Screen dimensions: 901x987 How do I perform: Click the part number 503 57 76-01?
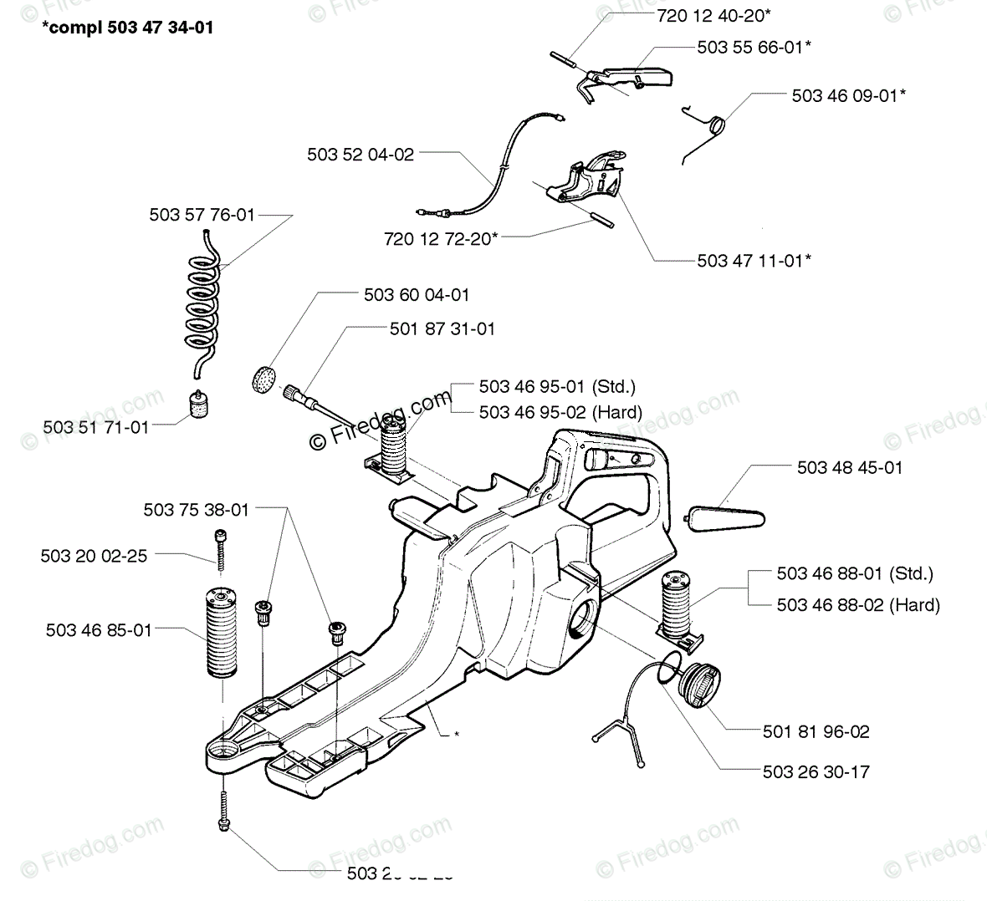[x=202, y=215]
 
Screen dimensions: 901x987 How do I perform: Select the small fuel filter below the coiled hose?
[x=200, y=408]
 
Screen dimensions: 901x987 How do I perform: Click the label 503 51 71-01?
[x=95, y=427]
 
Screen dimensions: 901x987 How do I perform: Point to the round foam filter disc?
[x=264, y=377]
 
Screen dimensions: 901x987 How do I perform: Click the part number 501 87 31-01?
[x=442, y=329]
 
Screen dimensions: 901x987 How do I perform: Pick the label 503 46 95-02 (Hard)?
[x=560, y=412]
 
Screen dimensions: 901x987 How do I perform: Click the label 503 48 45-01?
[x=850, y=467]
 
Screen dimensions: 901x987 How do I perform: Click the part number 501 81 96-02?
[x=816, y=732]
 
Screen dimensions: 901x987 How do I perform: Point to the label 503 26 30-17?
[x=816, y=771]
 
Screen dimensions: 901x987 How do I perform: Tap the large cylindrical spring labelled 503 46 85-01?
[x=222, y=632]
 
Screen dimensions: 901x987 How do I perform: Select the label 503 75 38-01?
[x=196, y=509]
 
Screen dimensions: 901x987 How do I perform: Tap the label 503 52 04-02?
[x=360, y=154]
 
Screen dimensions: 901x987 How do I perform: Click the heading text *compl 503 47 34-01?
[x=127, y=28]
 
